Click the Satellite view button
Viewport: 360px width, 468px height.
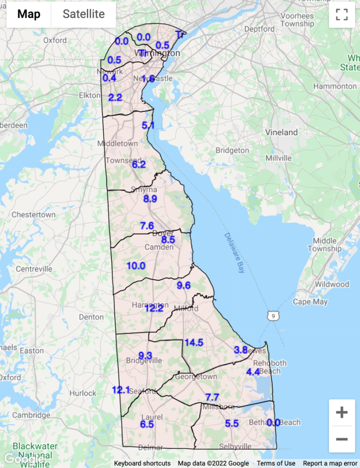(84, 14)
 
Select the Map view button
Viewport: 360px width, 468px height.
(29, 14)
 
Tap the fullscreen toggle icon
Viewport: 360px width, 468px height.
(342, 14)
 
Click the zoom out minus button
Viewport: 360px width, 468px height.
(342, 439)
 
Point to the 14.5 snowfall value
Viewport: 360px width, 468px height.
(194, 342)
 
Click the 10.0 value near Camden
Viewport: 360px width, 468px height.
(136, 266)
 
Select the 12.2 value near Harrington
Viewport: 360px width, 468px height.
(154, 308)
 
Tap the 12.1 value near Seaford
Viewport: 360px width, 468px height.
(121, 390)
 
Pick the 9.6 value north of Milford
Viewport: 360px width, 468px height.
(183, 286)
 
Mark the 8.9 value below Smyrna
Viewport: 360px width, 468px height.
(150, 199)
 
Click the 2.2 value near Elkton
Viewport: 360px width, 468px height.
(115, 97)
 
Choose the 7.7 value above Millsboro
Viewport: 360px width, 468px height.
(212, 397)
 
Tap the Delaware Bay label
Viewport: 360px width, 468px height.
(234, 253)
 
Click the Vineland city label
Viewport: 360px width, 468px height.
(281, 133)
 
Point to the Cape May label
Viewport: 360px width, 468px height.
(310, 302)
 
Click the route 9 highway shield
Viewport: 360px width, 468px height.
(273, 316)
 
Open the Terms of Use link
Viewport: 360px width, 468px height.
(276, 463)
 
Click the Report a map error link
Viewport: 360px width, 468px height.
(330, 463)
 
